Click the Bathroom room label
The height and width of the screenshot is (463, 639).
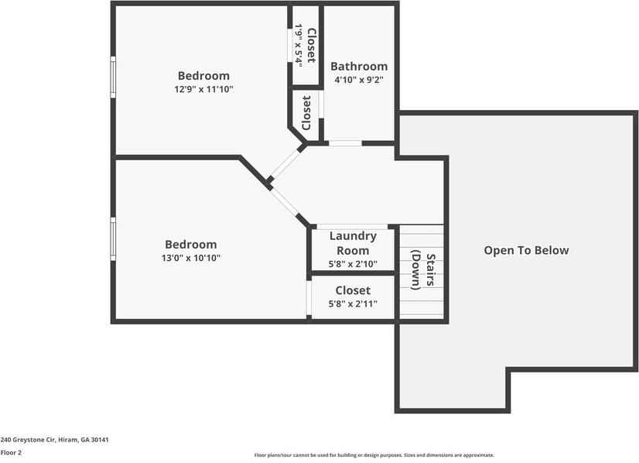pyautogui.click(x=359, y=67)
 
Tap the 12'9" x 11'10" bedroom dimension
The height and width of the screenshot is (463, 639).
pyautogui.click(x=204, y=89)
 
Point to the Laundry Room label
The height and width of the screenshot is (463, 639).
pyautogui.click(x=353, y=243)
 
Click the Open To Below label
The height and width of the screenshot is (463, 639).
pyautogui.click(x=526, y=250)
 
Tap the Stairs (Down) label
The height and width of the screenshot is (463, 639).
pyautogui.click(x=423, y=270)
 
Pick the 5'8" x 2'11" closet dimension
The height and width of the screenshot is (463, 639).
pyautogui.click(x=353, y=304)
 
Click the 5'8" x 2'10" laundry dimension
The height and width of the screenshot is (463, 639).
pyautogui.click(x=353, y=264)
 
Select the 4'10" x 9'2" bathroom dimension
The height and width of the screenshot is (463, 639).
pyautogui.click(x=359, y=80)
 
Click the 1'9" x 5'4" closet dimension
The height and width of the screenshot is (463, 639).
pyautogui.click(x=298, y=46)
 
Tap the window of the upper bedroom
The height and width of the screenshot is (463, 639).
pyautogui.click(x=113, y=77)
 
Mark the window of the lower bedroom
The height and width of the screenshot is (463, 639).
pyautogui.click(x=113, y=239)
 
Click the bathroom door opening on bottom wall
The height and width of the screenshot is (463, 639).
pyautogui.click(x=345, y=143)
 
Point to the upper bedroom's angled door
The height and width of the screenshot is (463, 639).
pyautogui.click(x=285, y=163)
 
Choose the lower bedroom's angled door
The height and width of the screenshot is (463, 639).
pyautogui.click(x=287, y=203)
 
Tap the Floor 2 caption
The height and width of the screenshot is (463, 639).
pyautogui.click(x=11, y=452)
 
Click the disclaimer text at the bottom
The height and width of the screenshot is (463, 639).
pyautogui.click(x=374, y=455)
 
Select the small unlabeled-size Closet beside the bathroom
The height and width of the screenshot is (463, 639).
pyautogui.click(x=306, y=113)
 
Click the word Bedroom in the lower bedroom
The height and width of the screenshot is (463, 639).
pyautogui.click(x=191, y=245)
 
